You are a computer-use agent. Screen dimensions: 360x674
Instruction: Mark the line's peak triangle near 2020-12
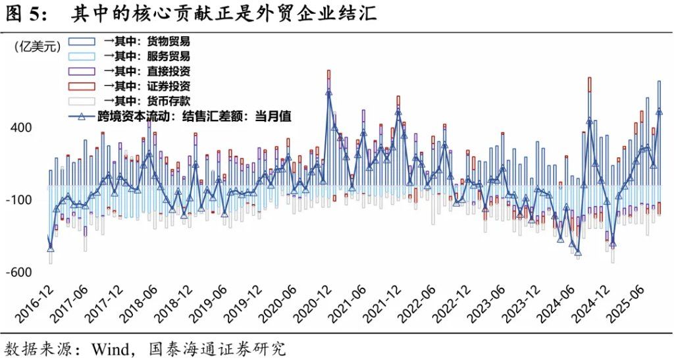tap(329, 93)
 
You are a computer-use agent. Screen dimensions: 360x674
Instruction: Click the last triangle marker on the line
tap(659, 111)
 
